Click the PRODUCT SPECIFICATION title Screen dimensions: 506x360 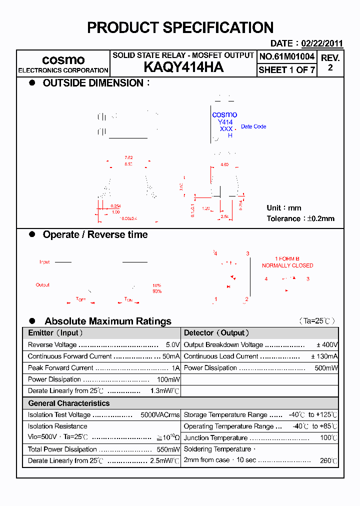(180, 27)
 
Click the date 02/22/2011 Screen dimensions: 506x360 (322, 43)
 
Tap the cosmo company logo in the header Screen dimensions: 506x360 (63, 59)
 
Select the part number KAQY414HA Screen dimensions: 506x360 (183, 67)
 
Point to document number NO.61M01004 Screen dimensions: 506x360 (287, 56)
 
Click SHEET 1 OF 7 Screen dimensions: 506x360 (287, 70)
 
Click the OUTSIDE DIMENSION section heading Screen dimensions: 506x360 (93, 83)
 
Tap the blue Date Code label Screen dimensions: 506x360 (253, 126)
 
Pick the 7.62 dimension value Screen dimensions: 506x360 (128, 157)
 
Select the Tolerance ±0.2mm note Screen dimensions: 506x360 (300, 218)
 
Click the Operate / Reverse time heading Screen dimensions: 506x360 (95, 234)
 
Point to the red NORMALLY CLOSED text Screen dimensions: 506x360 (287, 265)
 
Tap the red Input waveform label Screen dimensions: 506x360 (44, 262)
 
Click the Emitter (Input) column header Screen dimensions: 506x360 (55, 333)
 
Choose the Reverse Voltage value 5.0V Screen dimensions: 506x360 (172, 345)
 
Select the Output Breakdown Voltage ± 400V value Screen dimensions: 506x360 (327, 345)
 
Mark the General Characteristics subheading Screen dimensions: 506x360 (68, 403)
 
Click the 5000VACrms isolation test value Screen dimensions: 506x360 (160, 415)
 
